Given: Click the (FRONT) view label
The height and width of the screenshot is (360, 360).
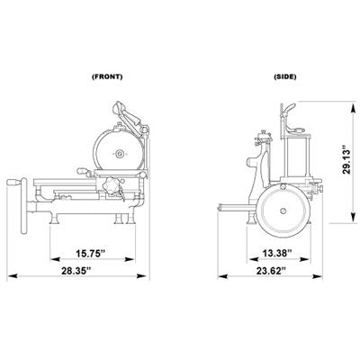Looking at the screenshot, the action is click(x=107, y=76).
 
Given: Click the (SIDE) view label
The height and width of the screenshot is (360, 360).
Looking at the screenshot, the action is click(x=285, y=76).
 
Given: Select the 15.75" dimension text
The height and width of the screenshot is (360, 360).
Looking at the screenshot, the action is click(x=90, y=254).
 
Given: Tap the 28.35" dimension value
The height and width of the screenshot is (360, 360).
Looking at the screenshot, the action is click(x=76, y=271).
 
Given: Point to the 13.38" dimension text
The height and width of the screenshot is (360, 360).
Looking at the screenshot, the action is click(x=277, y=253).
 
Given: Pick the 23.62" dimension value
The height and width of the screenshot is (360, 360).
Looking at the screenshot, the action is click(x=271, y=271).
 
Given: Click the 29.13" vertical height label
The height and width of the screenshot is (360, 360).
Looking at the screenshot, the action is click(x=346, y=160).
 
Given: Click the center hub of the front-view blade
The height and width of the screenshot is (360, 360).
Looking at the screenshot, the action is click(x=120, y=154).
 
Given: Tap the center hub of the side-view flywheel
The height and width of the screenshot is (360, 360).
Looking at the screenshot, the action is click(x=283, y=211).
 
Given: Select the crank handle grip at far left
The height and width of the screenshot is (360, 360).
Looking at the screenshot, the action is click(x=14, y=182).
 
